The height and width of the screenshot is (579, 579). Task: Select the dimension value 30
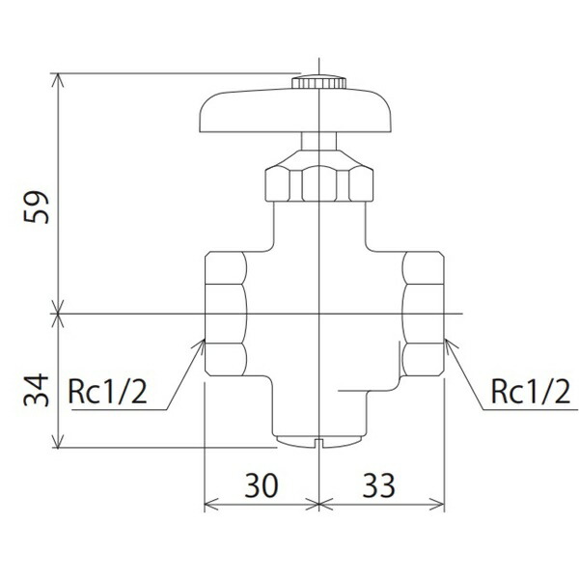tap(261, 484)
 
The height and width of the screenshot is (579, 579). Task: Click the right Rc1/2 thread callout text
tap(529, 393)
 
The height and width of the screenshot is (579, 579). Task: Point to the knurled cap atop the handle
tap(318, 84)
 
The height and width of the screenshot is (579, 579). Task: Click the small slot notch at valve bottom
tap(318, 443)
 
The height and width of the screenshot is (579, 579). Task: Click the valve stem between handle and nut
tap(318, 142)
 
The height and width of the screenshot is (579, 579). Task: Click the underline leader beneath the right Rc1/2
tap(526, 409)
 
